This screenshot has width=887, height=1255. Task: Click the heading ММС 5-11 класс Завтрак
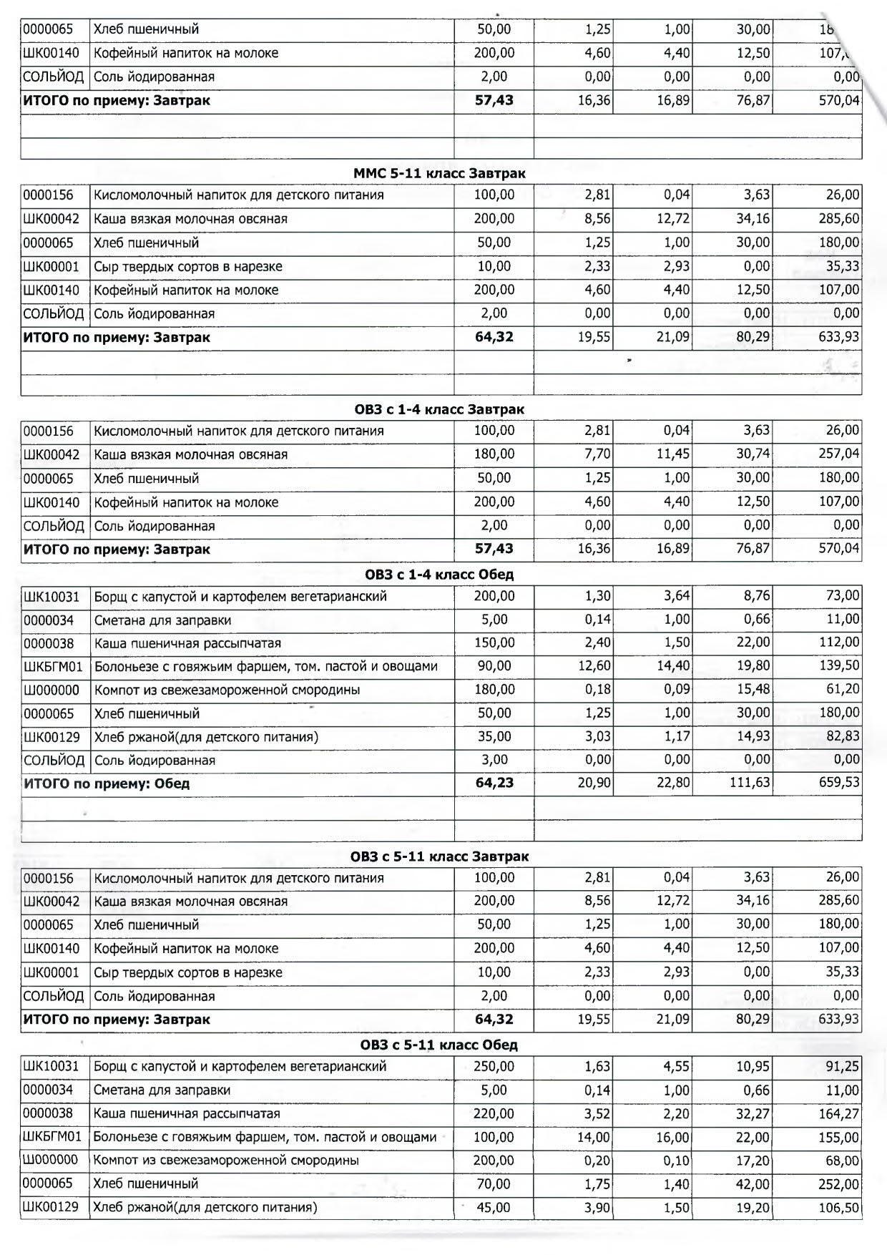pos(439,173)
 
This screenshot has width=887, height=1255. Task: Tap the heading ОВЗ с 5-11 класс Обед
pos(439,1045)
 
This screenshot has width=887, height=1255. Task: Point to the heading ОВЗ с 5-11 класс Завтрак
pos(439,856)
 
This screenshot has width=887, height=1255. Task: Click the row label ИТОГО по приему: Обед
pos(107,783)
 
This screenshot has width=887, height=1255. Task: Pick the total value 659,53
pos(839,783)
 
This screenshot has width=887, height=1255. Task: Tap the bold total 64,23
pos(494,783)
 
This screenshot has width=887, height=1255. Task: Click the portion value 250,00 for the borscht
pos(494,1066)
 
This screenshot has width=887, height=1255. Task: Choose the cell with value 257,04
pos(839,454)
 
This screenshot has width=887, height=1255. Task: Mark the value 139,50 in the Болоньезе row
pos(839,666)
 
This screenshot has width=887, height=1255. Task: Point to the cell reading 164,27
pos(839,1113)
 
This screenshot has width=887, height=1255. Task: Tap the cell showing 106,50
pos(839,1208)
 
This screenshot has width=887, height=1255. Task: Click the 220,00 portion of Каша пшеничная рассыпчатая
pos(494,1113)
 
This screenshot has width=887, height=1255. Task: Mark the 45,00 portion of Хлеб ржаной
pos(494,1208)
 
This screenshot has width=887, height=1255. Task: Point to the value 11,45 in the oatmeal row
pos(673,454)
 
